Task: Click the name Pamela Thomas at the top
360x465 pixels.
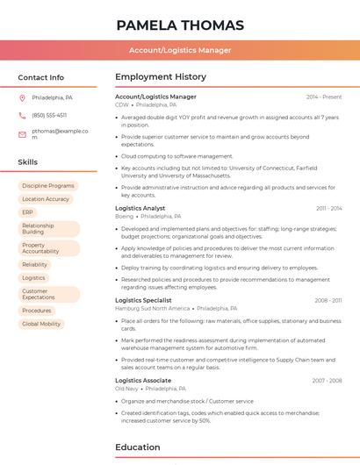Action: coord(179,25)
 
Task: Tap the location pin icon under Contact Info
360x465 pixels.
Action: coord(22,97)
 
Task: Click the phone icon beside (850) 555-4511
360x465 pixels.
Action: coord(22,116)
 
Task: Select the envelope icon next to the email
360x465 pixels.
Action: coord(22,134)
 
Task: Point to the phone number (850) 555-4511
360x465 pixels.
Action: coord(49,116)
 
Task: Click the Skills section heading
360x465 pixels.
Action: coord(28,162)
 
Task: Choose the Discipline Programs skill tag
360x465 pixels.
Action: coord(48,186)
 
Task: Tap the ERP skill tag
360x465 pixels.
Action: coord(28,212)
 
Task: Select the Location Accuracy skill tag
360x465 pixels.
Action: coord(46,199)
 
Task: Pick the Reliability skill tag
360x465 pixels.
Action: coord(35,264)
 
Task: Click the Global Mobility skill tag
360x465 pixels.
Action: coord(41,324)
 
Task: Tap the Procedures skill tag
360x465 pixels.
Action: coord(37,311)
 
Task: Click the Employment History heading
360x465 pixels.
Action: coord(161,77)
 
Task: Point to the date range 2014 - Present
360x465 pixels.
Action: coord(324,97)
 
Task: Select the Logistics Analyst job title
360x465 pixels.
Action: coord(140,208)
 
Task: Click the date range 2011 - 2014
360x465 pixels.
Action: coord(329,208)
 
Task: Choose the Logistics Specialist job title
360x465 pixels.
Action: coord(143,300)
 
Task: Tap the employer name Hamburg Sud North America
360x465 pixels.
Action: coord(152,309)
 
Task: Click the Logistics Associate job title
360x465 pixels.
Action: coord(143,380)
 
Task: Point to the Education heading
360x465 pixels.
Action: coord(137,447)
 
